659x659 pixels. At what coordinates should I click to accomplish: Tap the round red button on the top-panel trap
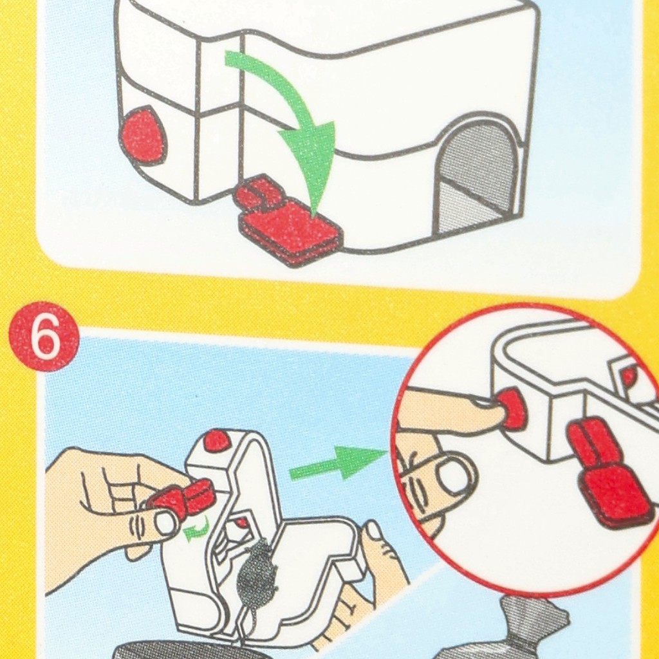tap(143, 135)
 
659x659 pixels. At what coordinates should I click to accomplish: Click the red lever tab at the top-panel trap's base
tap(286, 221)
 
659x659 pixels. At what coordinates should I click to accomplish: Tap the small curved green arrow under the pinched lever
tap(197, 530)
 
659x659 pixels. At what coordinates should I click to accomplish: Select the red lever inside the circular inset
tap(605, 473)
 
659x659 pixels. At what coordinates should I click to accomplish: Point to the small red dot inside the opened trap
tap(241, 523)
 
